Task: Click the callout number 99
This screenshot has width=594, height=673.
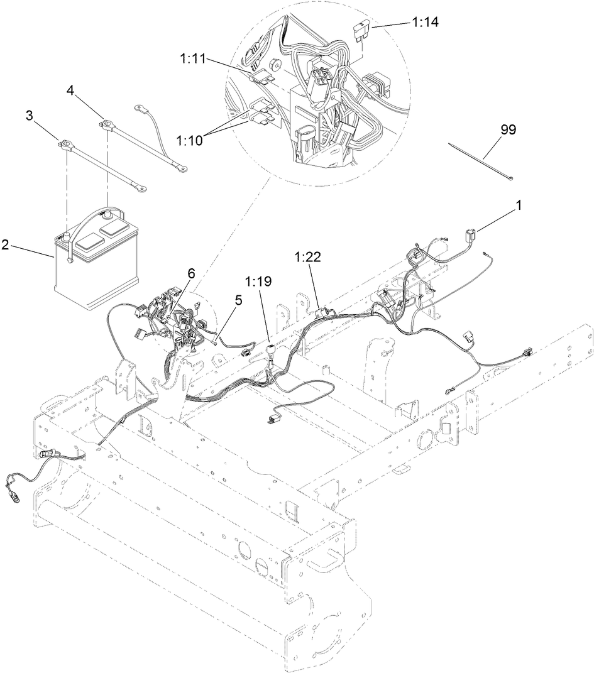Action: (x=508, y=129)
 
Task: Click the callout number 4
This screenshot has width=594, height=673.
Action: (x=71, y=92)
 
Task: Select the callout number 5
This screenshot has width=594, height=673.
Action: (x=238, y=301)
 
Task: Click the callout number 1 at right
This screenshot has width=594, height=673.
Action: (x=519, y=205)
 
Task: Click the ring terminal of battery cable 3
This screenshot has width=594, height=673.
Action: (x=61, y=145)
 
